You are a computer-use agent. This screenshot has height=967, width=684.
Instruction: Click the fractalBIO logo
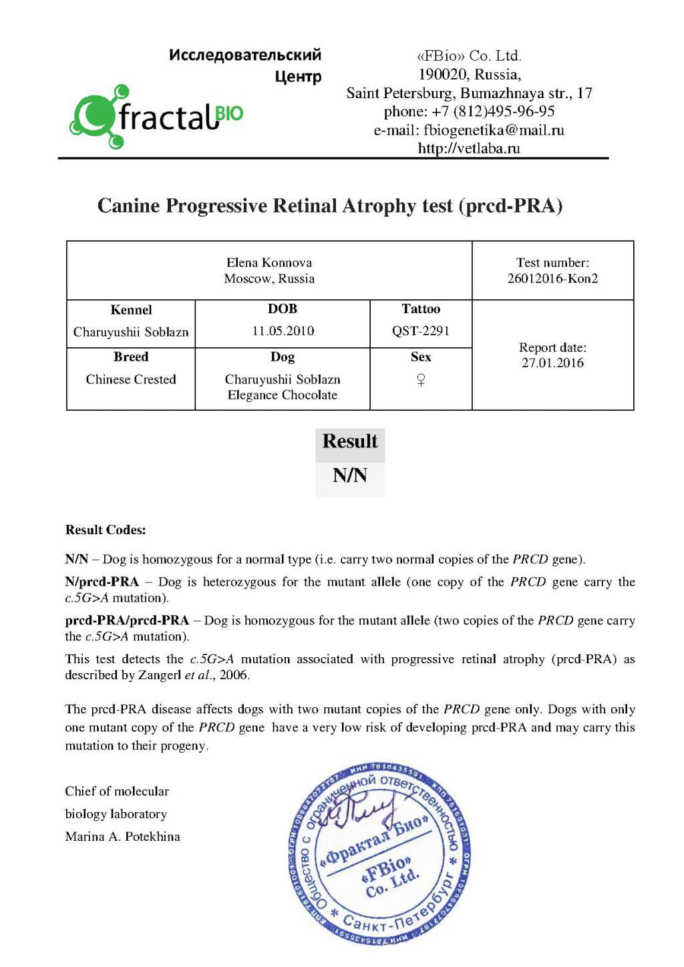click(156, 118)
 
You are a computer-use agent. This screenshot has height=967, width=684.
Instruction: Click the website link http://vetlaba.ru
click(469, 148)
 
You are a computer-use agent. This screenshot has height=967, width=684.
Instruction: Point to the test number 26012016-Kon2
click(552, 278)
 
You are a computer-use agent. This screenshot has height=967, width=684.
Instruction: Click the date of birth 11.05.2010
click(283, 331)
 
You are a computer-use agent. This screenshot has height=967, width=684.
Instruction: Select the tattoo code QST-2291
click(421, 331)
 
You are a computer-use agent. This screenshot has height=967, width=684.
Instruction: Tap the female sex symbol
click(421, 380)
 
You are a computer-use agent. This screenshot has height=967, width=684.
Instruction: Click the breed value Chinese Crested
click(131, 379)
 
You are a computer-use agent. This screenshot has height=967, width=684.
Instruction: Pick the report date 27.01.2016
click(552, 363)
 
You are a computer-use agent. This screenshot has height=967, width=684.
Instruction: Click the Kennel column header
click(131, 310)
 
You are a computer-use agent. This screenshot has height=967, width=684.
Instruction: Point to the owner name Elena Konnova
click(269, 262)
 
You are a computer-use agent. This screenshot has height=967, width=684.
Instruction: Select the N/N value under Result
click(350, 475)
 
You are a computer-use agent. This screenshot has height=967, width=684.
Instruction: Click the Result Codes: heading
click(106, 530)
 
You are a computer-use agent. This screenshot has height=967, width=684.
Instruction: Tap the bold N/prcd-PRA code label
click(102, 582)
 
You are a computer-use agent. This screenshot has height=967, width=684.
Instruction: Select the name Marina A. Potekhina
click(122, 837)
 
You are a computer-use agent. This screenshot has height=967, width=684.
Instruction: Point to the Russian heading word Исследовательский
click(244, 55)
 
